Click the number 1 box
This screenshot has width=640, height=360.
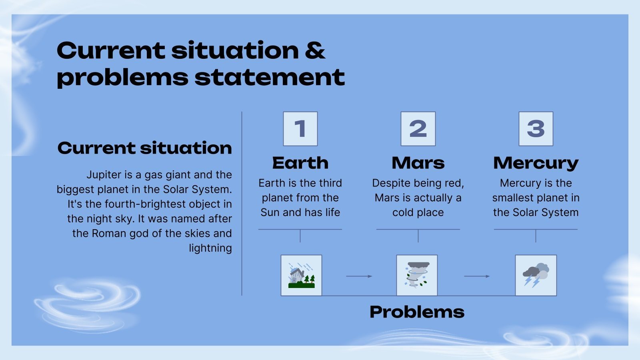(x=300, y=129)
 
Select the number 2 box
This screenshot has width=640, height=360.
(x=418, y=129)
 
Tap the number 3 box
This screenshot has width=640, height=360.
(x=536, y=129)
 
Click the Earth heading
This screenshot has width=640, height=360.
(x=300, y=163)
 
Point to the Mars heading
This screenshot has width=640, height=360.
(x=418, y=163)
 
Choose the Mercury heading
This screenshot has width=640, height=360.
(x=536, y=163)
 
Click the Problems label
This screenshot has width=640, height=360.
(x=417, y=312)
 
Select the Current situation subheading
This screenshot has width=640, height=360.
(x=145, y=148)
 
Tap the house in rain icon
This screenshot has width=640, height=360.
(x=301, y=276)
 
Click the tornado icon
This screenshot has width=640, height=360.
(x=417, y=276)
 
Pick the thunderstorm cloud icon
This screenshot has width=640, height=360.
(x=536, y=276)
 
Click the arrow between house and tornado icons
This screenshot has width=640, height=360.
(x=359, y=276)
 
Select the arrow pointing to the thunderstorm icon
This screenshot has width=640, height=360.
(x=477, y=276)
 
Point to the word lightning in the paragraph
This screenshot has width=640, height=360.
(x=210, y=248)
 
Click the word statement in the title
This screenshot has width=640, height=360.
(x=270, y=77)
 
